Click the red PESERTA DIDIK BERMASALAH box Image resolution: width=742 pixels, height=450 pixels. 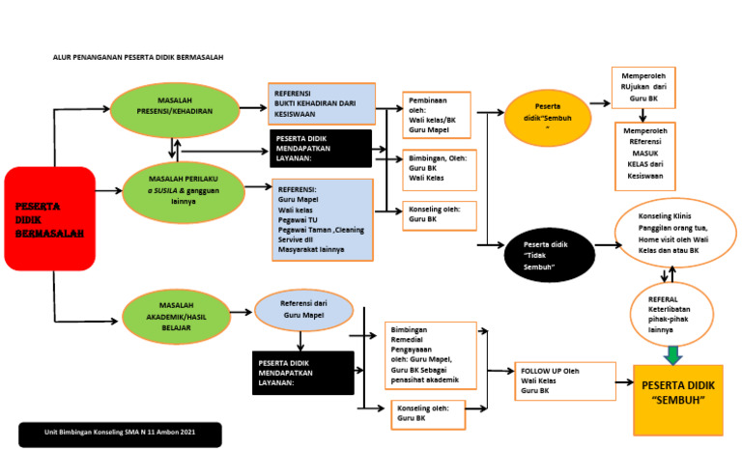click(x=50, y=218)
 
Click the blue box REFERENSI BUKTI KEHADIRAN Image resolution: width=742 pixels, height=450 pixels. click(x=320, y=103)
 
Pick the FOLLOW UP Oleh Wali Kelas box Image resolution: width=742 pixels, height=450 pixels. click(x=564, y=380)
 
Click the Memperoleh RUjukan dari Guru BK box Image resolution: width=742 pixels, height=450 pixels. click(x=642, y=88)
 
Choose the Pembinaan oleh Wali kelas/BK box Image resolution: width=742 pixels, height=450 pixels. click(x=436, y=116)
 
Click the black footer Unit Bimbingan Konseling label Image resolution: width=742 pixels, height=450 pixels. click(x=119, y=434)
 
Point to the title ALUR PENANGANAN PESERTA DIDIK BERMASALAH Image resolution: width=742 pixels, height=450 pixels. click(x=138, y=58)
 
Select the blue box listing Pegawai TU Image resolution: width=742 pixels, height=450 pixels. click(x=322, y=218)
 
